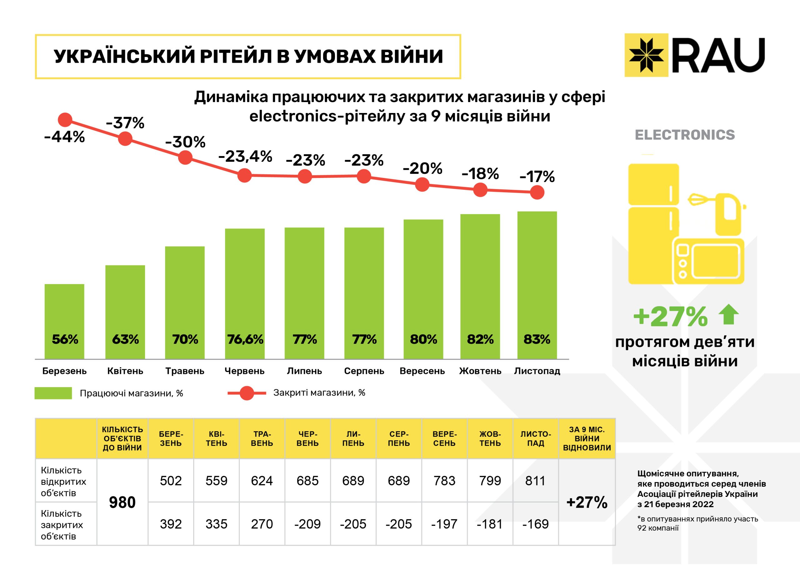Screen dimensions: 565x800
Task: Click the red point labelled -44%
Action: (x=65, y=120)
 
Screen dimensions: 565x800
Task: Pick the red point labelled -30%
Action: (x=185, y=157)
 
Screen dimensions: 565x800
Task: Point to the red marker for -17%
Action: (x=537, y=192)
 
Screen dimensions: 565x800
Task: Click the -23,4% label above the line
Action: (x=245, y=157)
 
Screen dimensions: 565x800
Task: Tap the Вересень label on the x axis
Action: (x=422, y=371)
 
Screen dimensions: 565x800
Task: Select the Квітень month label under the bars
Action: (x=125, y=371)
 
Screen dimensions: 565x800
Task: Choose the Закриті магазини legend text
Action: (x=319, y=393)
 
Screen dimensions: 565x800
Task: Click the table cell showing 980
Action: (x=122, y=502)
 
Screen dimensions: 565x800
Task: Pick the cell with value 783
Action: (x=444, y=481)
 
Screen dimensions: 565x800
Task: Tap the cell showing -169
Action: (x=535, y=524)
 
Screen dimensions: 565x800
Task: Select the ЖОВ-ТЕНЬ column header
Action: (x=490, y=439)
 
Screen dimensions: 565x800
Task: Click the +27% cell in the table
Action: (x=587, y=502)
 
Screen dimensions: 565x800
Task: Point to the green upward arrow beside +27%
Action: (x=728, y=314)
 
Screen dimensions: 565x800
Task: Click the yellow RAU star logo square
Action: (x=646, y=55)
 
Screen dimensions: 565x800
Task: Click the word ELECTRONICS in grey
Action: (x=685, y=135)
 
